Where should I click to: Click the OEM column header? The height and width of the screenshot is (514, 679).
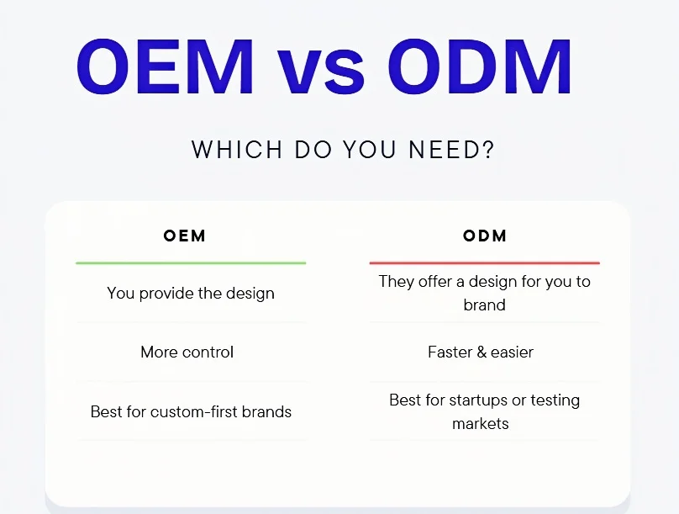pos(185,236)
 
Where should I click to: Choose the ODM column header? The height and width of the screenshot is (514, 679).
pos(485,236)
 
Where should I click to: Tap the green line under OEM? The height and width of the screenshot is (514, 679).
pos(191,263)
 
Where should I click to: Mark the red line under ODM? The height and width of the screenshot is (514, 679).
pos(484,263)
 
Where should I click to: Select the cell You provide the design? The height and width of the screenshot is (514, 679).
pos(191,294)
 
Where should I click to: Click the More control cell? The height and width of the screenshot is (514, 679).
pos(187,352)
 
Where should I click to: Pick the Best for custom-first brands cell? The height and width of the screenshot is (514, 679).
pos(191,412)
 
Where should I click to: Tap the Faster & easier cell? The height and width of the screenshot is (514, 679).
pos(481,352)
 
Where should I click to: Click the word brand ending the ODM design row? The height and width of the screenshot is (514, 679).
pos(484,305)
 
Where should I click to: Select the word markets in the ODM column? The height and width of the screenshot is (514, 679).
pos(480,423)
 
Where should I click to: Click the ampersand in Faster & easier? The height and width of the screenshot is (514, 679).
pos(481,352)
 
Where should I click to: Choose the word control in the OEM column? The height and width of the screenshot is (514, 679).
pos(208,352)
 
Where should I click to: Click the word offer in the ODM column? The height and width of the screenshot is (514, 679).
pos(434,282)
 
